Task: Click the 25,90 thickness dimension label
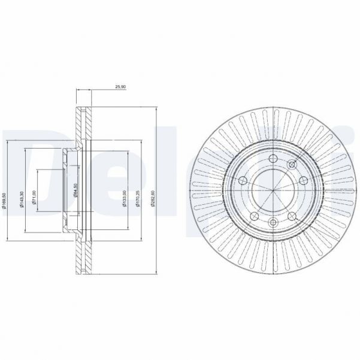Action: click(x=119, y=87)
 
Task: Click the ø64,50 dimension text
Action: click(x=74, y=190)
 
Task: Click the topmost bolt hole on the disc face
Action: click(x=273, y=158)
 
